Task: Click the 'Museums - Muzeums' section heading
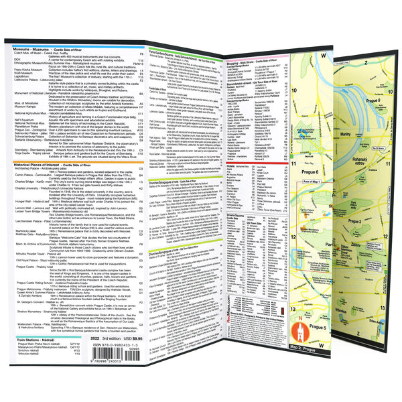(33, 48)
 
